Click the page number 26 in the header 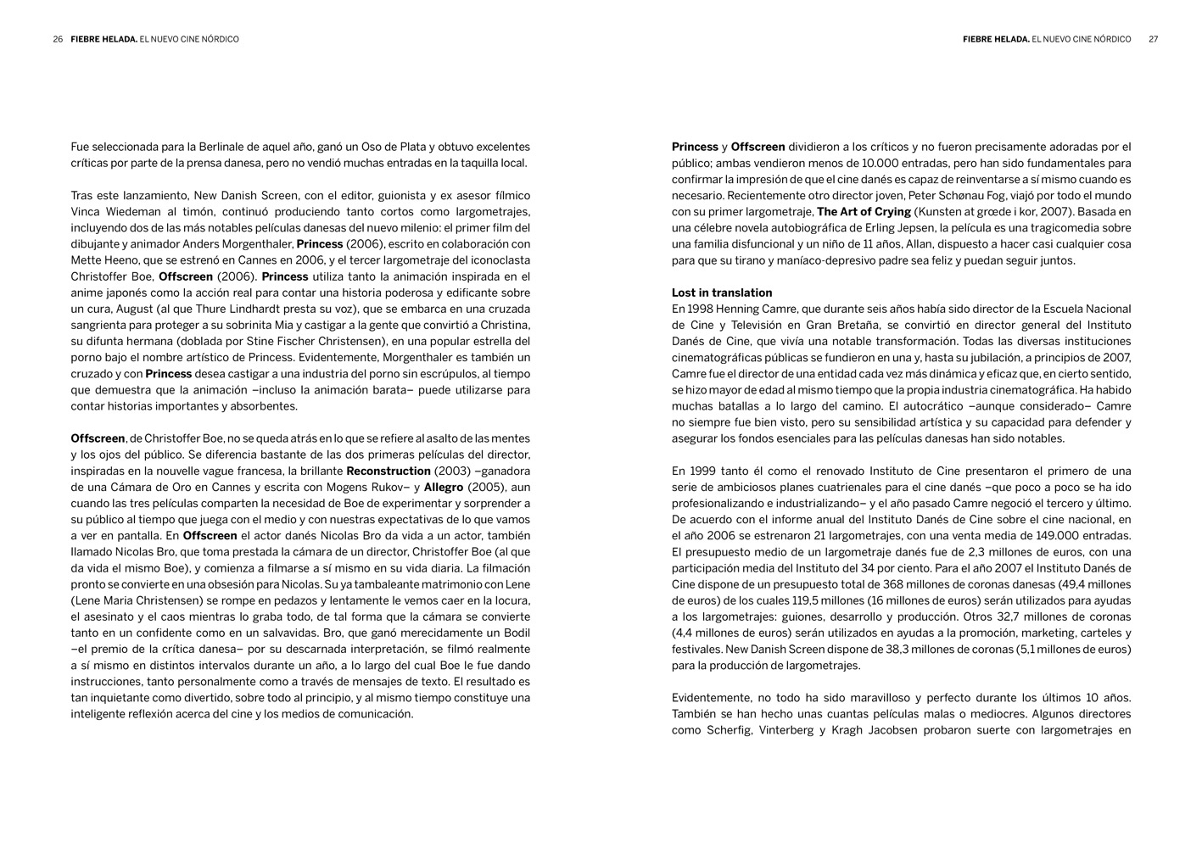[x=58, y=39]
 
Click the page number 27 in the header [x=1153, y=39]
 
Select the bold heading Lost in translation [x=722, y=293]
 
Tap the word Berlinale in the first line [x=225, y=147]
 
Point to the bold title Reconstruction [x=389, y=471]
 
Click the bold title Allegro [x=444, y=487]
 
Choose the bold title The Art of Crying [x=864, y=211]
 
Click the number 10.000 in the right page [x=887, y=163]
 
